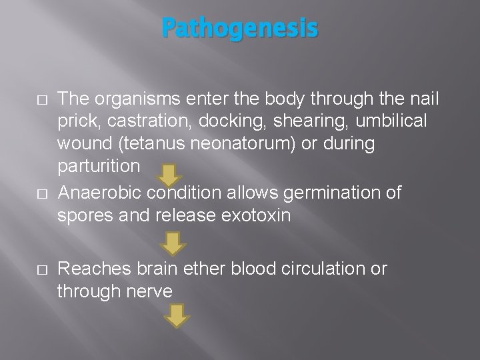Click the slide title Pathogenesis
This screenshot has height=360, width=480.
point(240,29)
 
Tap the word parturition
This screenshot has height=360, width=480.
point(99,164)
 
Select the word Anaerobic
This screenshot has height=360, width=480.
point(101,193)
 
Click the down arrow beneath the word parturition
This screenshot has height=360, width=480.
point(170,175)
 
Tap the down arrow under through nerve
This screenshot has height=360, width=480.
point(177,315)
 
